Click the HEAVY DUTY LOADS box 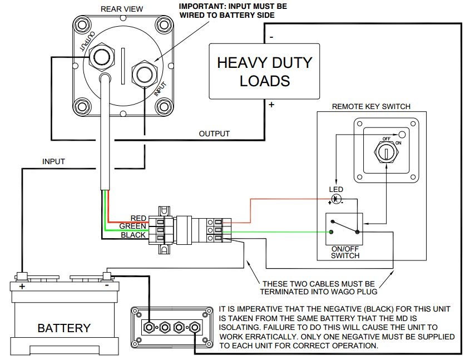tap(264, 71)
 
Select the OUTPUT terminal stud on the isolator tap(102, 57)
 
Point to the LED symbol tap(337, 199)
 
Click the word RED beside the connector tap(138, 218)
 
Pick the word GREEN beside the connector tap(132, 226)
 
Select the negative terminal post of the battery tap(107, 275)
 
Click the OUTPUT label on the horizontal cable tap(214, 134)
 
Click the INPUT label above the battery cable tap(53, 162)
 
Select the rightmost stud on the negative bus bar tap(194, 327)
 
